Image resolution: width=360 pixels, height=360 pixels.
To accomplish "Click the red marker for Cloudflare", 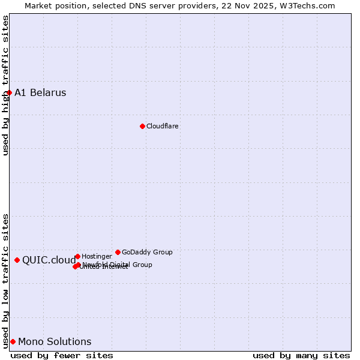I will click(x=142, y=126).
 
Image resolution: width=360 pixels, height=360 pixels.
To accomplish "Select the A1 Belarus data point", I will click(x=9, y=92).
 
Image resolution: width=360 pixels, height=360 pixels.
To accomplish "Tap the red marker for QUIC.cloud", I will click(x=17, y=260).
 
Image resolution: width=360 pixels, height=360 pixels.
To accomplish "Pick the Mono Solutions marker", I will click(x=13, y=341).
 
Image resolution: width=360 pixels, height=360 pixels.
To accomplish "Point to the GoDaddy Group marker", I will click(x=118, y=252).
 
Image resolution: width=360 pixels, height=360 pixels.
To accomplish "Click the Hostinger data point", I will click(x=77, y=256).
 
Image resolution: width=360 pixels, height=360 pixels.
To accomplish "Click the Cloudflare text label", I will click(x=163, y=126).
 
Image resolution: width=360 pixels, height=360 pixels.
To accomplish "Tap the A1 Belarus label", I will click(x=40, y=92).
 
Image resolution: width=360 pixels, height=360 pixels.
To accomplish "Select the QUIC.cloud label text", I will click(x=49, y=260).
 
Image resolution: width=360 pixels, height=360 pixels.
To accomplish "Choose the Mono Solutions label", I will click(x=55, y=341).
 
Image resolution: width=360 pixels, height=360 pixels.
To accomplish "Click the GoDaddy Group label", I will click(x=147, y=252).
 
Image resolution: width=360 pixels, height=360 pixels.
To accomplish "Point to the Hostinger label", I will click(x=97, y=256).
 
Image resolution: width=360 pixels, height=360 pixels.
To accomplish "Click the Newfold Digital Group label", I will click(x=118, y=264).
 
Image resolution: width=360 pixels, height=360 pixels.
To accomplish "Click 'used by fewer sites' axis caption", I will click(x=62, y=355).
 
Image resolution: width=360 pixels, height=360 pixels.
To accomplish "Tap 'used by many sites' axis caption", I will click(x=301, y=355).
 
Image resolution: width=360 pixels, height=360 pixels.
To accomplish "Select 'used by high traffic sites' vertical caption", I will click(x=5, y=85).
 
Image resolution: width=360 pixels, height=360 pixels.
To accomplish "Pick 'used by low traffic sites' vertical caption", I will click(x=5, y=281).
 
